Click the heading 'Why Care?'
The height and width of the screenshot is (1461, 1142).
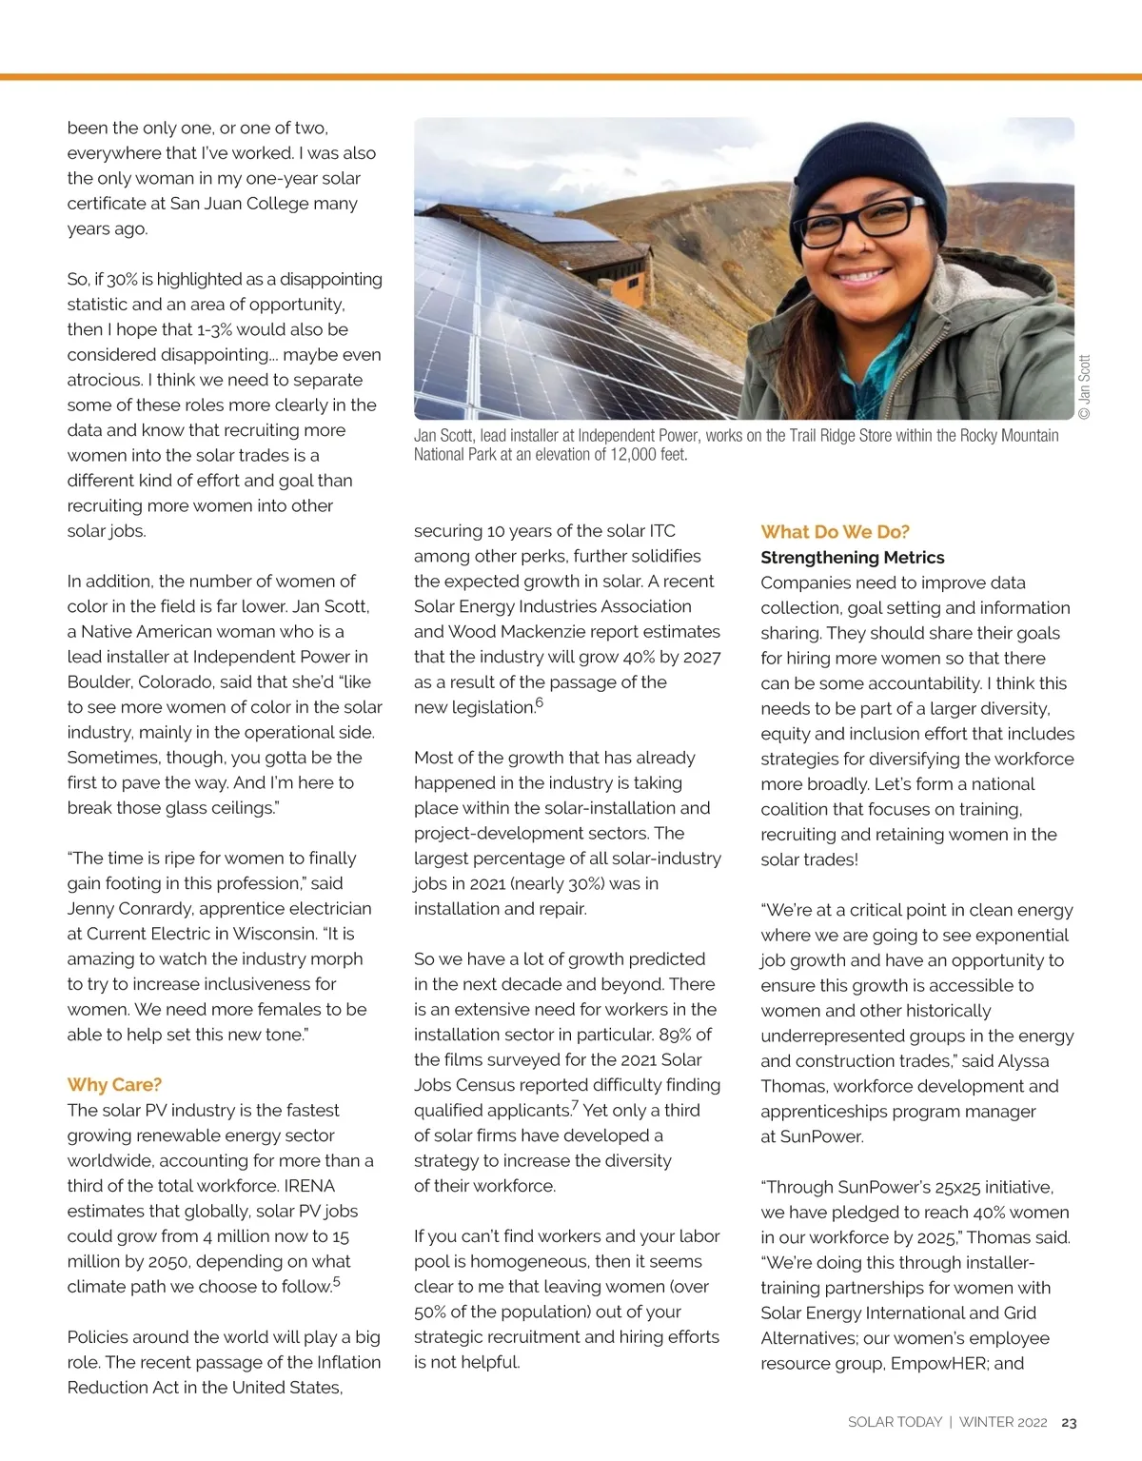(x=114, y=1085)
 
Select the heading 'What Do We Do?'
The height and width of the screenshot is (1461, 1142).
(x=835, y=532)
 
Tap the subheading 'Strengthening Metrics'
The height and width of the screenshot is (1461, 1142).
(x=852, y=558)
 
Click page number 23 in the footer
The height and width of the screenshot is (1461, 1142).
(x=1069, y=1422)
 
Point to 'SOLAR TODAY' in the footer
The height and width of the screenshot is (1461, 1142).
(x=894, y=1422)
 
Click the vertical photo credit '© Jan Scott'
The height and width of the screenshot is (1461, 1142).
(x=1085, y=386)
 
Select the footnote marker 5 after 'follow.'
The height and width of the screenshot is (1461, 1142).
(x=337, y=1282)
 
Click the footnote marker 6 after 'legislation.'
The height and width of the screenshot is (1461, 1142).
(x=540, y=702)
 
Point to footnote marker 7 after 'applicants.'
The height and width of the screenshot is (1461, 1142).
(x=575, y=1106)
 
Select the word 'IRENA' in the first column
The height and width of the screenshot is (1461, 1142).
(x=308, y=1186)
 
